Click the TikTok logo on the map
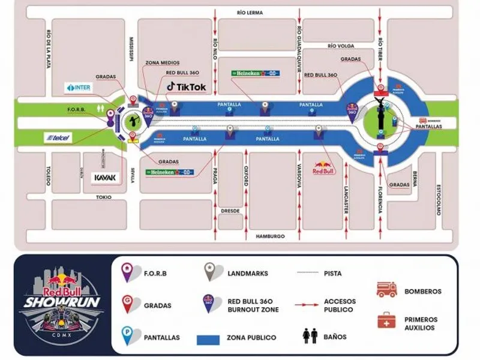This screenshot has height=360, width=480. point(187,87)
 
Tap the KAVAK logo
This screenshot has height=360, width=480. point(107,178)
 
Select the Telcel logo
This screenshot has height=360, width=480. point(59,138)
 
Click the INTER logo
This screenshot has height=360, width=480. point(79,88)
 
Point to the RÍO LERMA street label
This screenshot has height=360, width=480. point(250,11)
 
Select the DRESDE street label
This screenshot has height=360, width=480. point(230,212)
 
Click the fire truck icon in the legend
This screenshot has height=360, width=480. point(386,290)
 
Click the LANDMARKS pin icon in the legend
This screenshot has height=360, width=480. point(211,272)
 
